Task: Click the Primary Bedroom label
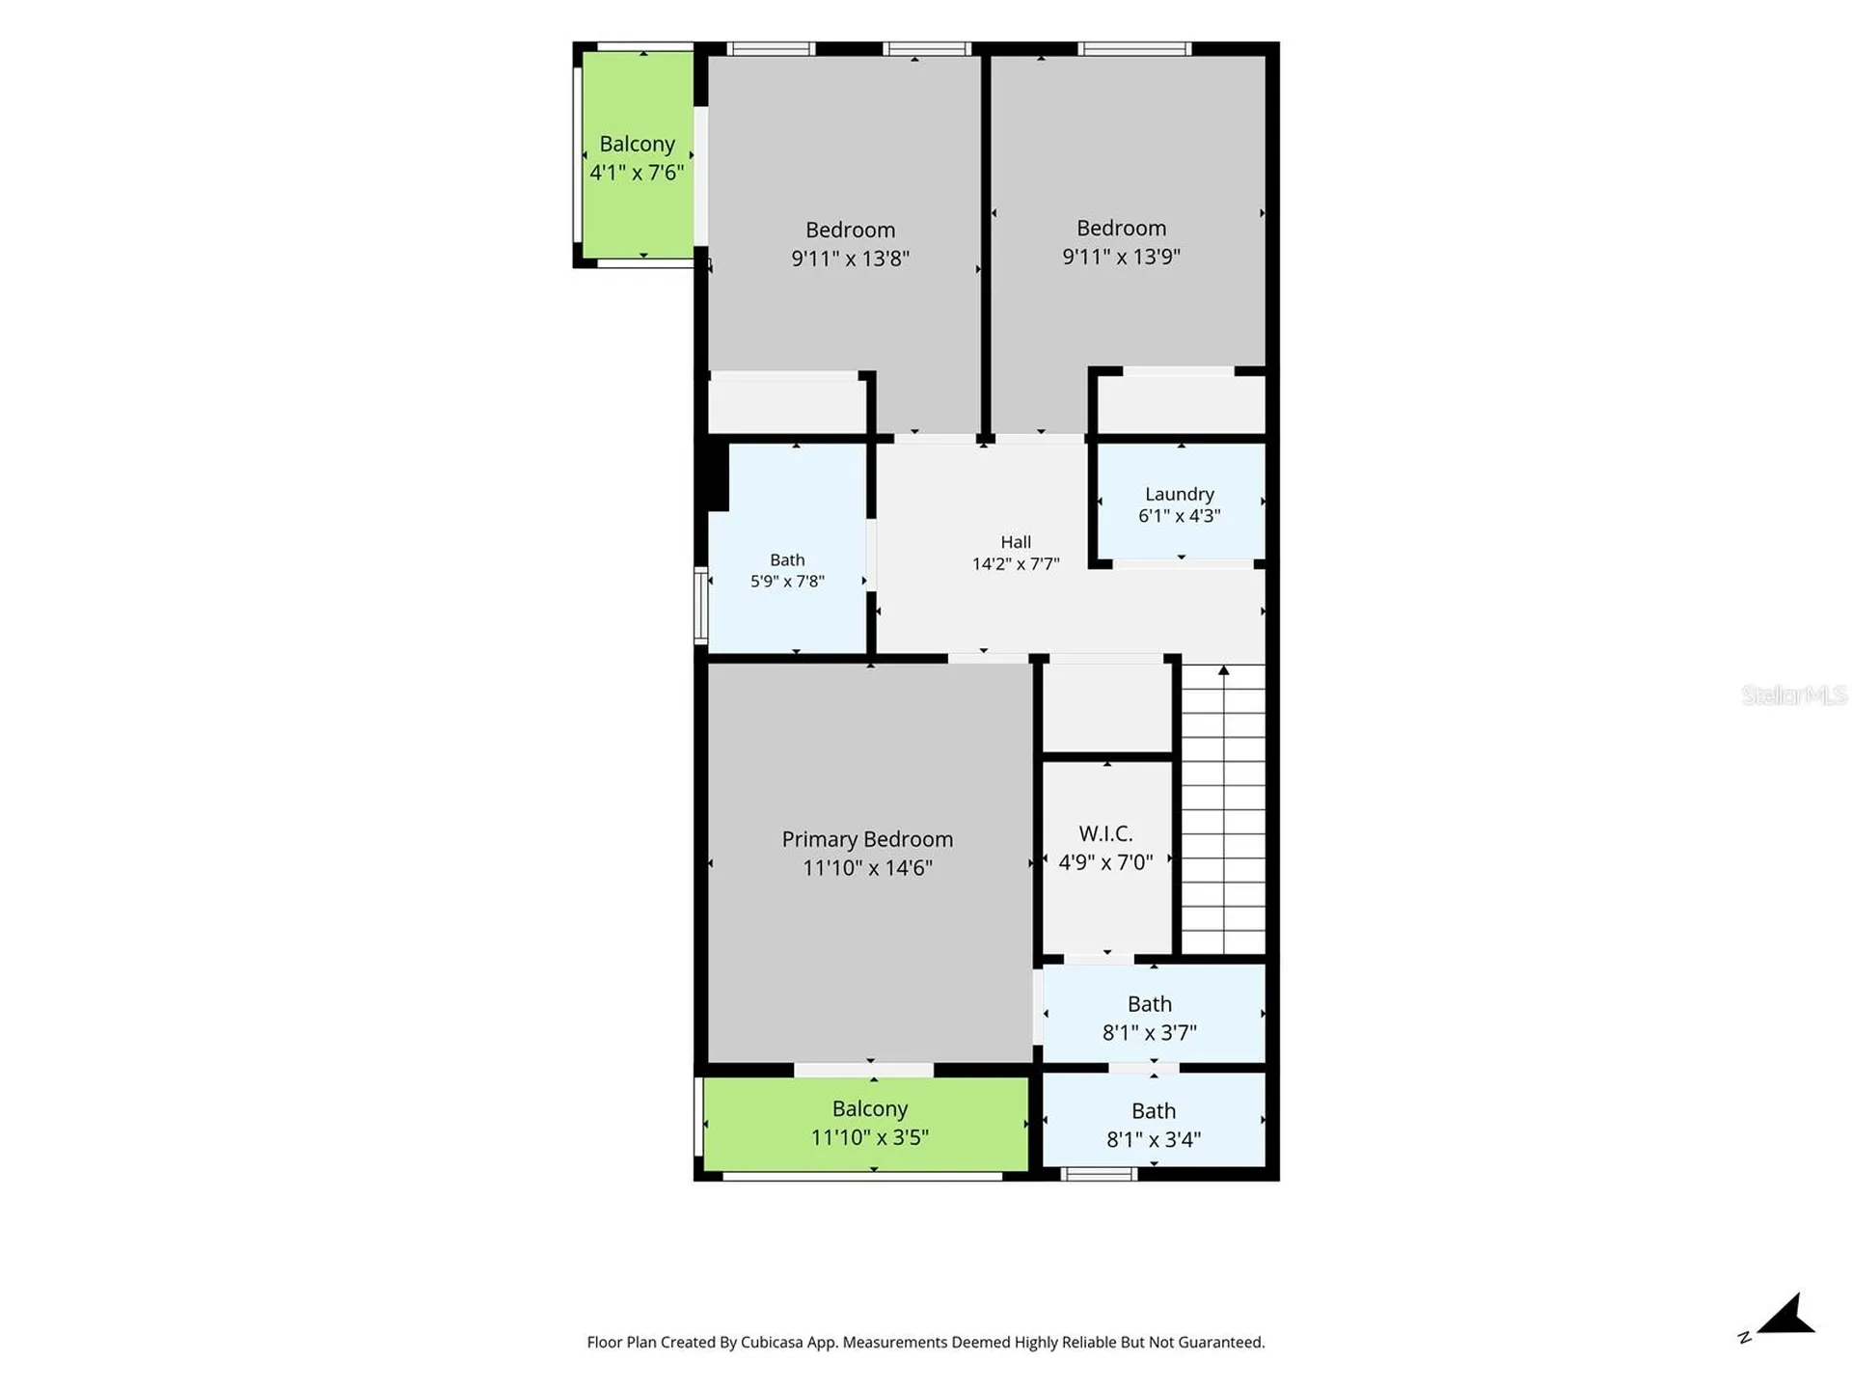(867, 839)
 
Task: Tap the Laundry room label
(1179, 494)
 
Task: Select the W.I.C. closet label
(1105, 833)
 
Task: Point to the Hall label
(1016, 542)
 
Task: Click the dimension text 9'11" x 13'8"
(850, 259)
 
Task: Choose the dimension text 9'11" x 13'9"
(1121, 257)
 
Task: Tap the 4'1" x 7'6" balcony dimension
(637, 173)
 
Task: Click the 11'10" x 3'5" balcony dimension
(869, 1138)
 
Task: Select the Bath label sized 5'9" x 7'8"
(787, 559)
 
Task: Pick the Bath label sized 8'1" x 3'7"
(1150, 1004)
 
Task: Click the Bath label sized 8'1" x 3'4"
(1154, 1111)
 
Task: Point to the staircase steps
(1223, 810)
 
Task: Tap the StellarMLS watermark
(1794, 694)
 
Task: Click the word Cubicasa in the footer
(772, 1342)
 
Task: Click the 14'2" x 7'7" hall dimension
(1016, 564)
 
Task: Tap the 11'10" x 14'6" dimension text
(867, 868)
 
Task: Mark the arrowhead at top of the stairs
(1223, 669)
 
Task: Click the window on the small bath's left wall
(701, 606)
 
